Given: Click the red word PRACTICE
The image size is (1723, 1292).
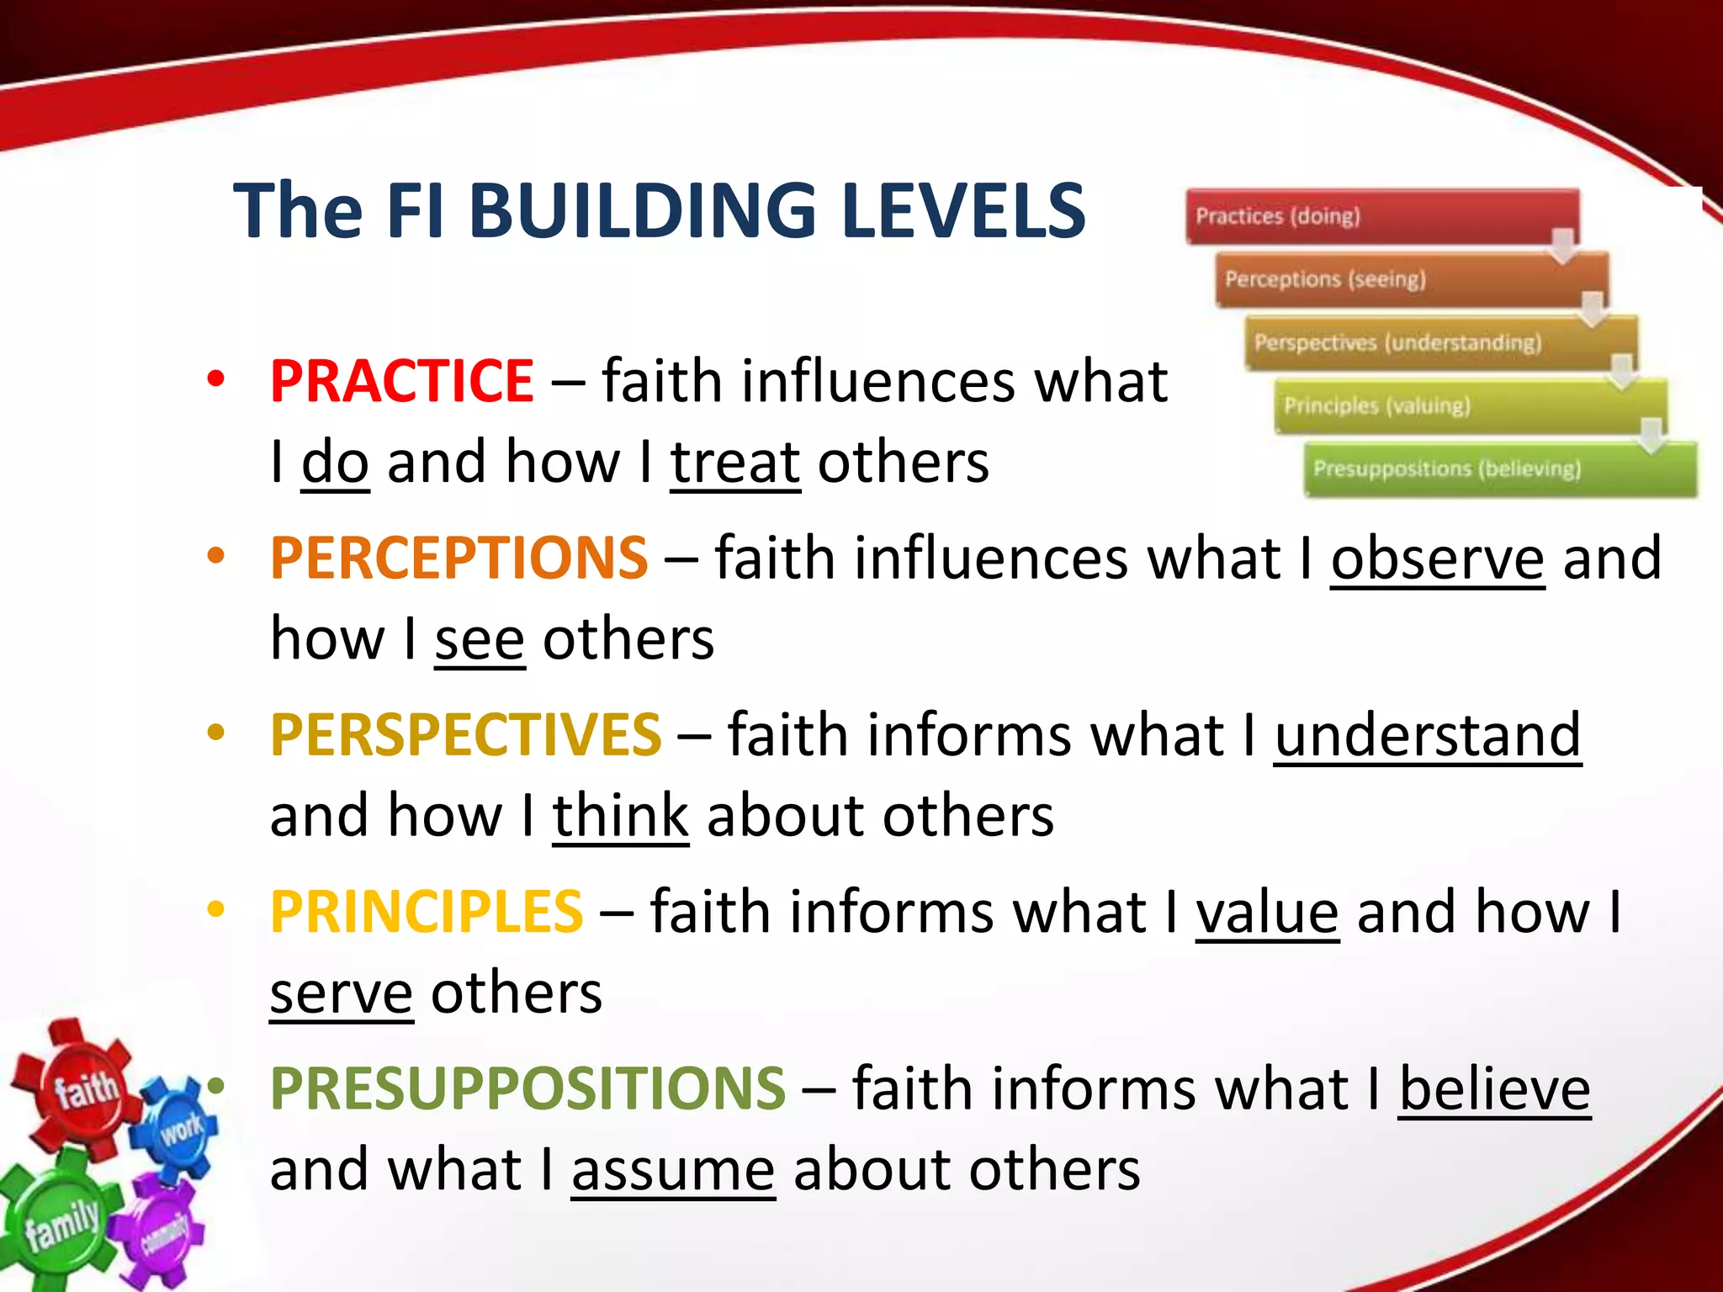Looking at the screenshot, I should (401, 381).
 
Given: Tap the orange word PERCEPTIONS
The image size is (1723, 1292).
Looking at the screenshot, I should (459, 558).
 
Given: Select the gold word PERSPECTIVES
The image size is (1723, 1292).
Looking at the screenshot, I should (465, 734).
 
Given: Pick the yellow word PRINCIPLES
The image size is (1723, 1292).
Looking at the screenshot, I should (426, 912).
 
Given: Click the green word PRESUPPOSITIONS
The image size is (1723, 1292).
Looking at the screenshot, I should (528, 1088).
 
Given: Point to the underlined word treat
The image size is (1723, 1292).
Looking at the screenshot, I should (734, 463).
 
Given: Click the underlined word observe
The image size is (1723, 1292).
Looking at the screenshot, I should (1437, 559).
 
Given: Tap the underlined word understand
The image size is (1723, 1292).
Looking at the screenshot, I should (1427, 735).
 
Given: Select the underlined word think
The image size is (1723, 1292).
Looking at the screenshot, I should (620, 816).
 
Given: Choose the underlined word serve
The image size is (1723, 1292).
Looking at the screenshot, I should (341, 993).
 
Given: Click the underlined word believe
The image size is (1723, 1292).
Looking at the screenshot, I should (1494, 1089).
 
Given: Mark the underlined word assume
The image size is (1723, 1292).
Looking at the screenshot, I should (672, 1170).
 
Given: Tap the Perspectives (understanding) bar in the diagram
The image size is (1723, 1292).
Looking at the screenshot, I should (1439, 342).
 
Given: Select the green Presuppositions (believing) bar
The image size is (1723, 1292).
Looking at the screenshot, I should (1499, 469).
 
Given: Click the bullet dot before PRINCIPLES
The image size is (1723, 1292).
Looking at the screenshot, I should (216, 909).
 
